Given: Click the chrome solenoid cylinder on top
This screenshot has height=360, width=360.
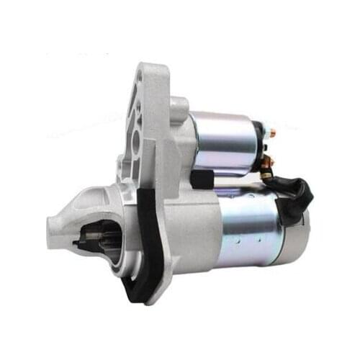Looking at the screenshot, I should point(224,140).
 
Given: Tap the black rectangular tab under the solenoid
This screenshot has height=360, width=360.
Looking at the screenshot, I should point(201,176).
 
